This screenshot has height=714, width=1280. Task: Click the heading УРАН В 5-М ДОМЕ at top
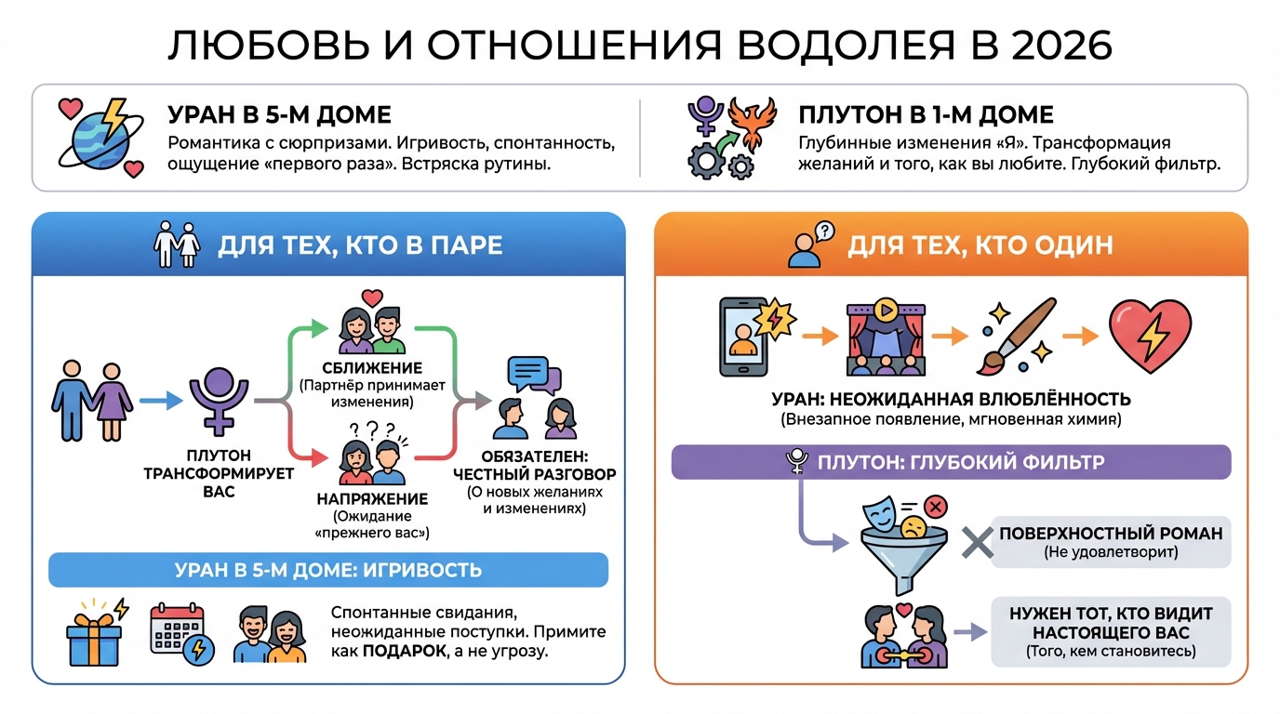tap(279, 115)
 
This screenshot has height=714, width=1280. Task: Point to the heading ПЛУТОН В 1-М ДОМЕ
tap(926, 115)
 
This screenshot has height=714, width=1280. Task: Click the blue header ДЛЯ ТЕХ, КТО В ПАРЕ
tap(359, 245)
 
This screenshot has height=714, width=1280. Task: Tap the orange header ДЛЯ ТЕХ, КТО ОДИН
tap(980, 245)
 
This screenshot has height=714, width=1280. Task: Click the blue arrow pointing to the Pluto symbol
tap(160, 402)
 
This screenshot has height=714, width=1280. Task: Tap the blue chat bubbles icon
tap(534, 377)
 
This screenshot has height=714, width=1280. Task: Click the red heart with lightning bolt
tap(1150, 336)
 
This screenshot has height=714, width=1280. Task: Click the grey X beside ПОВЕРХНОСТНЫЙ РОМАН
tap(974, 541)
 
